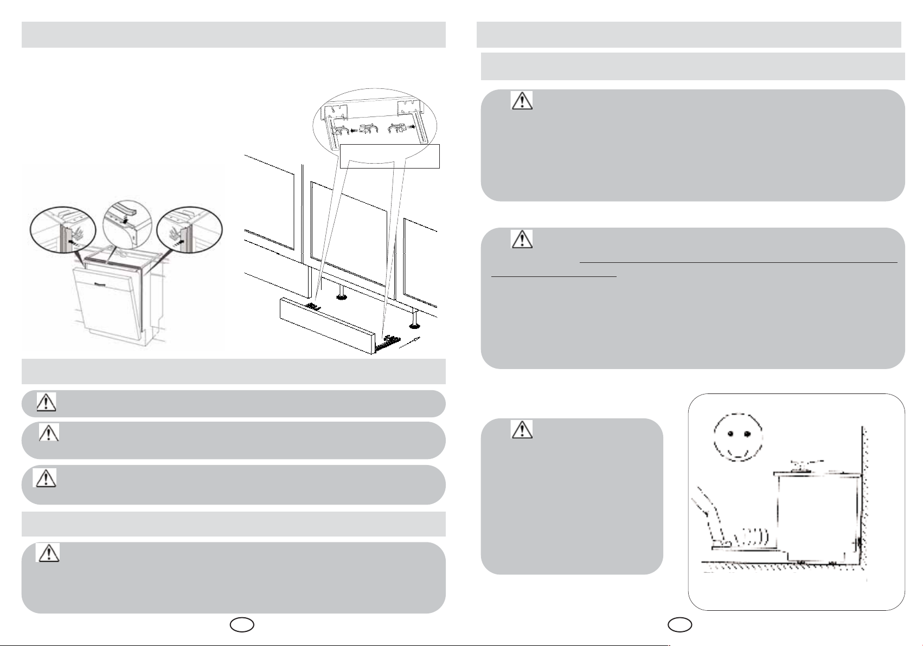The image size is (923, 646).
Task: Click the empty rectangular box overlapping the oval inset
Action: [x=389, y=156]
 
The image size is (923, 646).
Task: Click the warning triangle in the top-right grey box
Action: [x=522, y=100]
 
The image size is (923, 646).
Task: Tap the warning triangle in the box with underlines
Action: [x=522, y=239]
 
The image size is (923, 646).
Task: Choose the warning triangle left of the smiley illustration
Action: [x=522, y=429]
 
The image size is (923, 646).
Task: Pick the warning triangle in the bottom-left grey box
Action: [x=48, y=552]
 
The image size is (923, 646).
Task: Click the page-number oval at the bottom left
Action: [x=241, y=625]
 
